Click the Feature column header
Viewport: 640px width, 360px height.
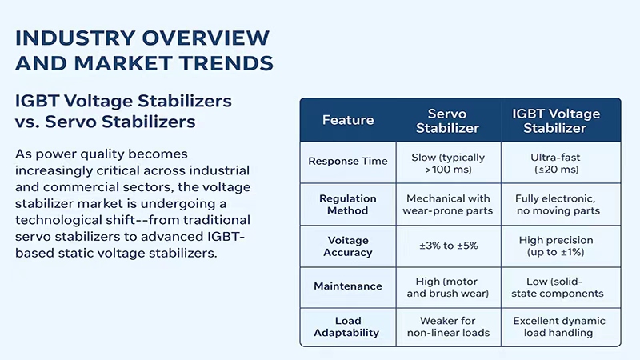pos(348,120)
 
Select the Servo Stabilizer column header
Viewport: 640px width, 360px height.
pos(447,121)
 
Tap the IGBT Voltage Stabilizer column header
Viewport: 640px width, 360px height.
pos(556,121)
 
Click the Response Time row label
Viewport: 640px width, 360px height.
pos(348,162)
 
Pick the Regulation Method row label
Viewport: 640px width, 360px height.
pos(348,205)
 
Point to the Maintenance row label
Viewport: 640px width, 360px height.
pos(348,286)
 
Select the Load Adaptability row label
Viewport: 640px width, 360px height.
pos(347,326)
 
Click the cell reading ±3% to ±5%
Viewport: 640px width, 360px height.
pos(449,246)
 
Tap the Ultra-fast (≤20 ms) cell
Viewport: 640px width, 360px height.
pos(556,163)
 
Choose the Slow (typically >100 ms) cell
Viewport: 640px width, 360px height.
pos(448,163)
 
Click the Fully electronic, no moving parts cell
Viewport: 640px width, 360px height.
pos(558,205)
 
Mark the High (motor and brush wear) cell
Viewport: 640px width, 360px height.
pos(448,287)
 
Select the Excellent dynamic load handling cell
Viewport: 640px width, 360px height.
pos(558,326)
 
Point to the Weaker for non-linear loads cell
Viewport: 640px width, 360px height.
pos(448,326)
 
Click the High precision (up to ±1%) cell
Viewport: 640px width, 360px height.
pos(556,246)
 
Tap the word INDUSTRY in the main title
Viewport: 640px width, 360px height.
pos(75,38)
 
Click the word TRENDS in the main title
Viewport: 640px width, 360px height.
pos(226,63)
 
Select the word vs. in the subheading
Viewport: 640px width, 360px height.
pos(26,122)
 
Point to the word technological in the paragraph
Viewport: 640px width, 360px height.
pos(75,221)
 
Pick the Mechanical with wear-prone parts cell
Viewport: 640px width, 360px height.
pos(448,205)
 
